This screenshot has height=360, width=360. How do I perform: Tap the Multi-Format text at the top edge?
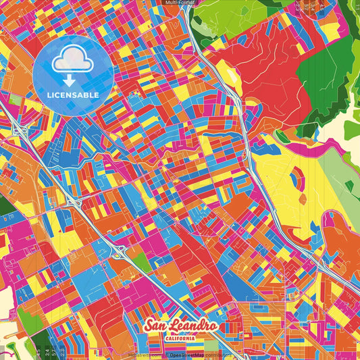180,3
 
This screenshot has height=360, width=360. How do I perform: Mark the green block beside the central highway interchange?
140,262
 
